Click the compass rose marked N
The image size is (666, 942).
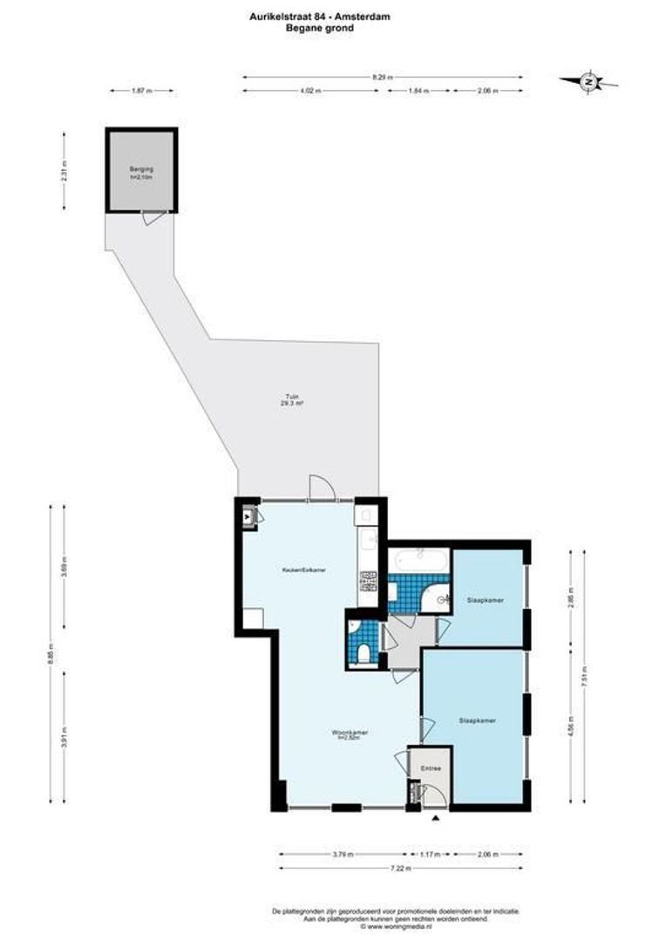[589, 82]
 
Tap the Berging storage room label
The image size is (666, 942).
[140, 170]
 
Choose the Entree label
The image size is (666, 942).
[432, 768]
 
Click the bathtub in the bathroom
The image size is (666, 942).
[419, 558]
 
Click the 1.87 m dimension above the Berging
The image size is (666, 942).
[140, 91]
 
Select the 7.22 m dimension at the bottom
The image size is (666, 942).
[400, 868]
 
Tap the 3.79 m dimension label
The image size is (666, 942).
[342, 855]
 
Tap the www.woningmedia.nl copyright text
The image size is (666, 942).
[396, 925]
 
